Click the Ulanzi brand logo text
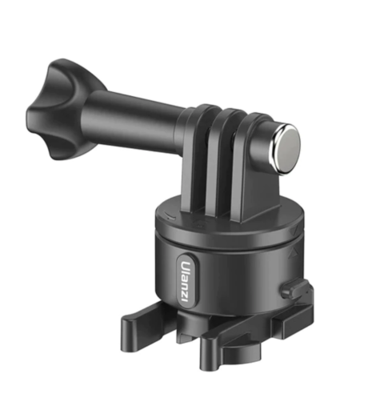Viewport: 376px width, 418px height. [187, 282]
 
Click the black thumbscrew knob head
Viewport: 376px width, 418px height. [60, 110]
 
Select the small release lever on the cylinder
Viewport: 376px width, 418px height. [297, 288]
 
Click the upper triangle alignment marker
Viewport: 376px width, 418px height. [294, 230]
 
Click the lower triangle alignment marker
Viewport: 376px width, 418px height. [294, 253]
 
